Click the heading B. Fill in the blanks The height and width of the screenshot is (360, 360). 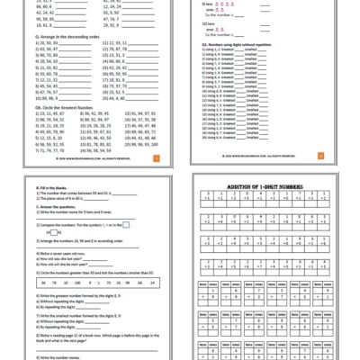37,184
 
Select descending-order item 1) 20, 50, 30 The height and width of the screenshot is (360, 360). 37,41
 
